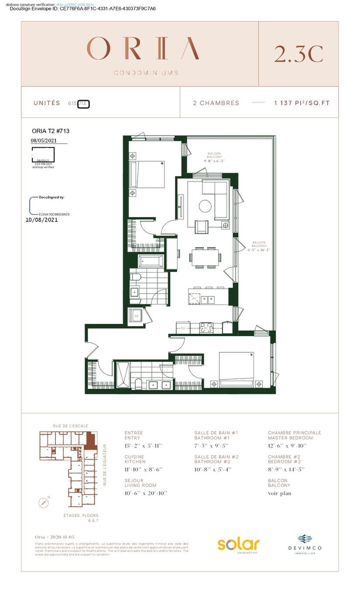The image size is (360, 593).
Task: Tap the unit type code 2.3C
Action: tap(298, 54)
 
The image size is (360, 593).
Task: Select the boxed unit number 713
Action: tap(83, 104)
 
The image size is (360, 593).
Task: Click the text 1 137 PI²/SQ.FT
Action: tap(302, 103)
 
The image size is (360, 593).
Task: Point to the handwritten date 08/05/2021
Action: tap(44, 141)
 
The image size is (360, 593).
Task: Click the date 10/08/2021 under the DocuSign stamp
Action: tap(42, 220)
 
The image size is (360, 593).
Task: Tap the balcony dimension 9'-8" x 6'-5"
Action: tap(214, 161)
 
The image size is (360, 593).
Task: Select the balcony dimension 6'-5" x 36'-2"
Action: tap(259, 250)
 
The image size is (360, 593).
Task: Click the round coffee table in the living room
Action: tap(205, 205)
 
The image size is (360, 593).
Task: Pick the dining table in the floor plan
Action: tap(204, 258)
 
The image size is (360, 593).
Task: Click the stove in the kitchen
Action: tap(206, 327)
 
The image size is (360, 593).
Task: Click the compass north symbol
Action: tap(43, 502)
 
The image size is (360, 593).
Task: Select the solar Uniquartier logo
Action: tap(239, 545)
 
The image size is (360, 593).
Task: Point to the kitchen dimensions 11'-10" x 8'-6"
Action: tap(144, 470)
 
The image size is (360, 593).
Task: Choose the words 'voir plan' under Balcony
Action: tap(279, 494)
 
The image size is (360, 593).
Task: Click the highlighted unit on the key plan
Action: tap(91, 440)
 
